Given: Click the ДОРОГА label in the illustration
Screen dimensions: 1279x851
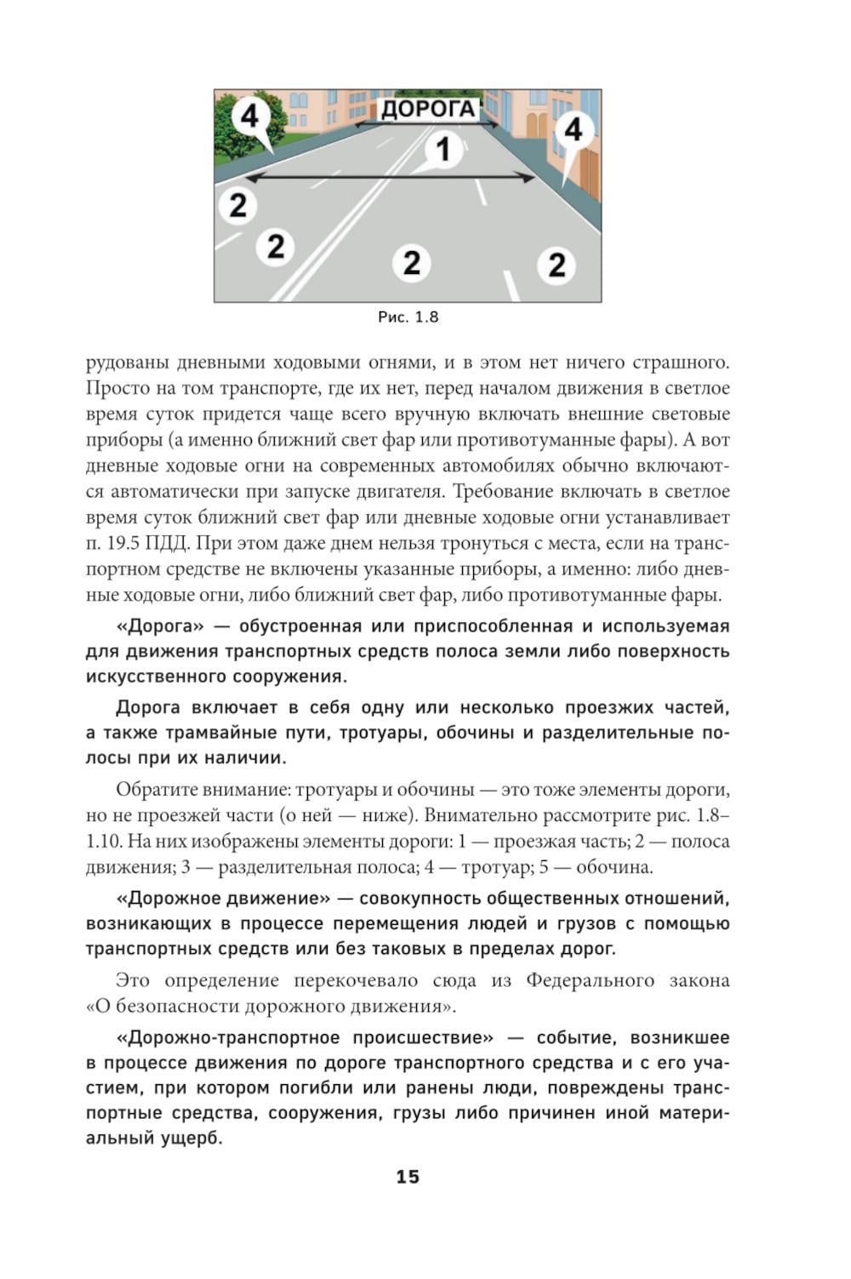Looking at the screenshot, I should (x=427, y=109).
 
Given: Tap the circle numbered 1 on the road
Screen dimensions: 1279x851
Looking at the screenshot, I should (x=443, y=150).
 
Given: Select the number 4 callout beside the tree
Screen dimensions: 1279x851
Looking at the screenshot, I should (x=249, y=116).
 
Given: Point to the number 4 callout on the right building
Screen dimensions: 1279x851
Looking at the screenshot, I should (x=574, y=129).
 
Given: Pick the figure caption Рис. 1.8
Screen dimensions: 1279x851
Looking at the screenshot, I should (x=408, y=317).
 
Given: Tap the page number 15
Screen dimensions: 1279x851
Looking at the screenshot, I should (x=408, y=1177).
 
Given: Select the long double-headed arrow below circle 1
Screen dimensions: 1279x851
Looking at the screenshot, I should (x=391, y=178).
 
